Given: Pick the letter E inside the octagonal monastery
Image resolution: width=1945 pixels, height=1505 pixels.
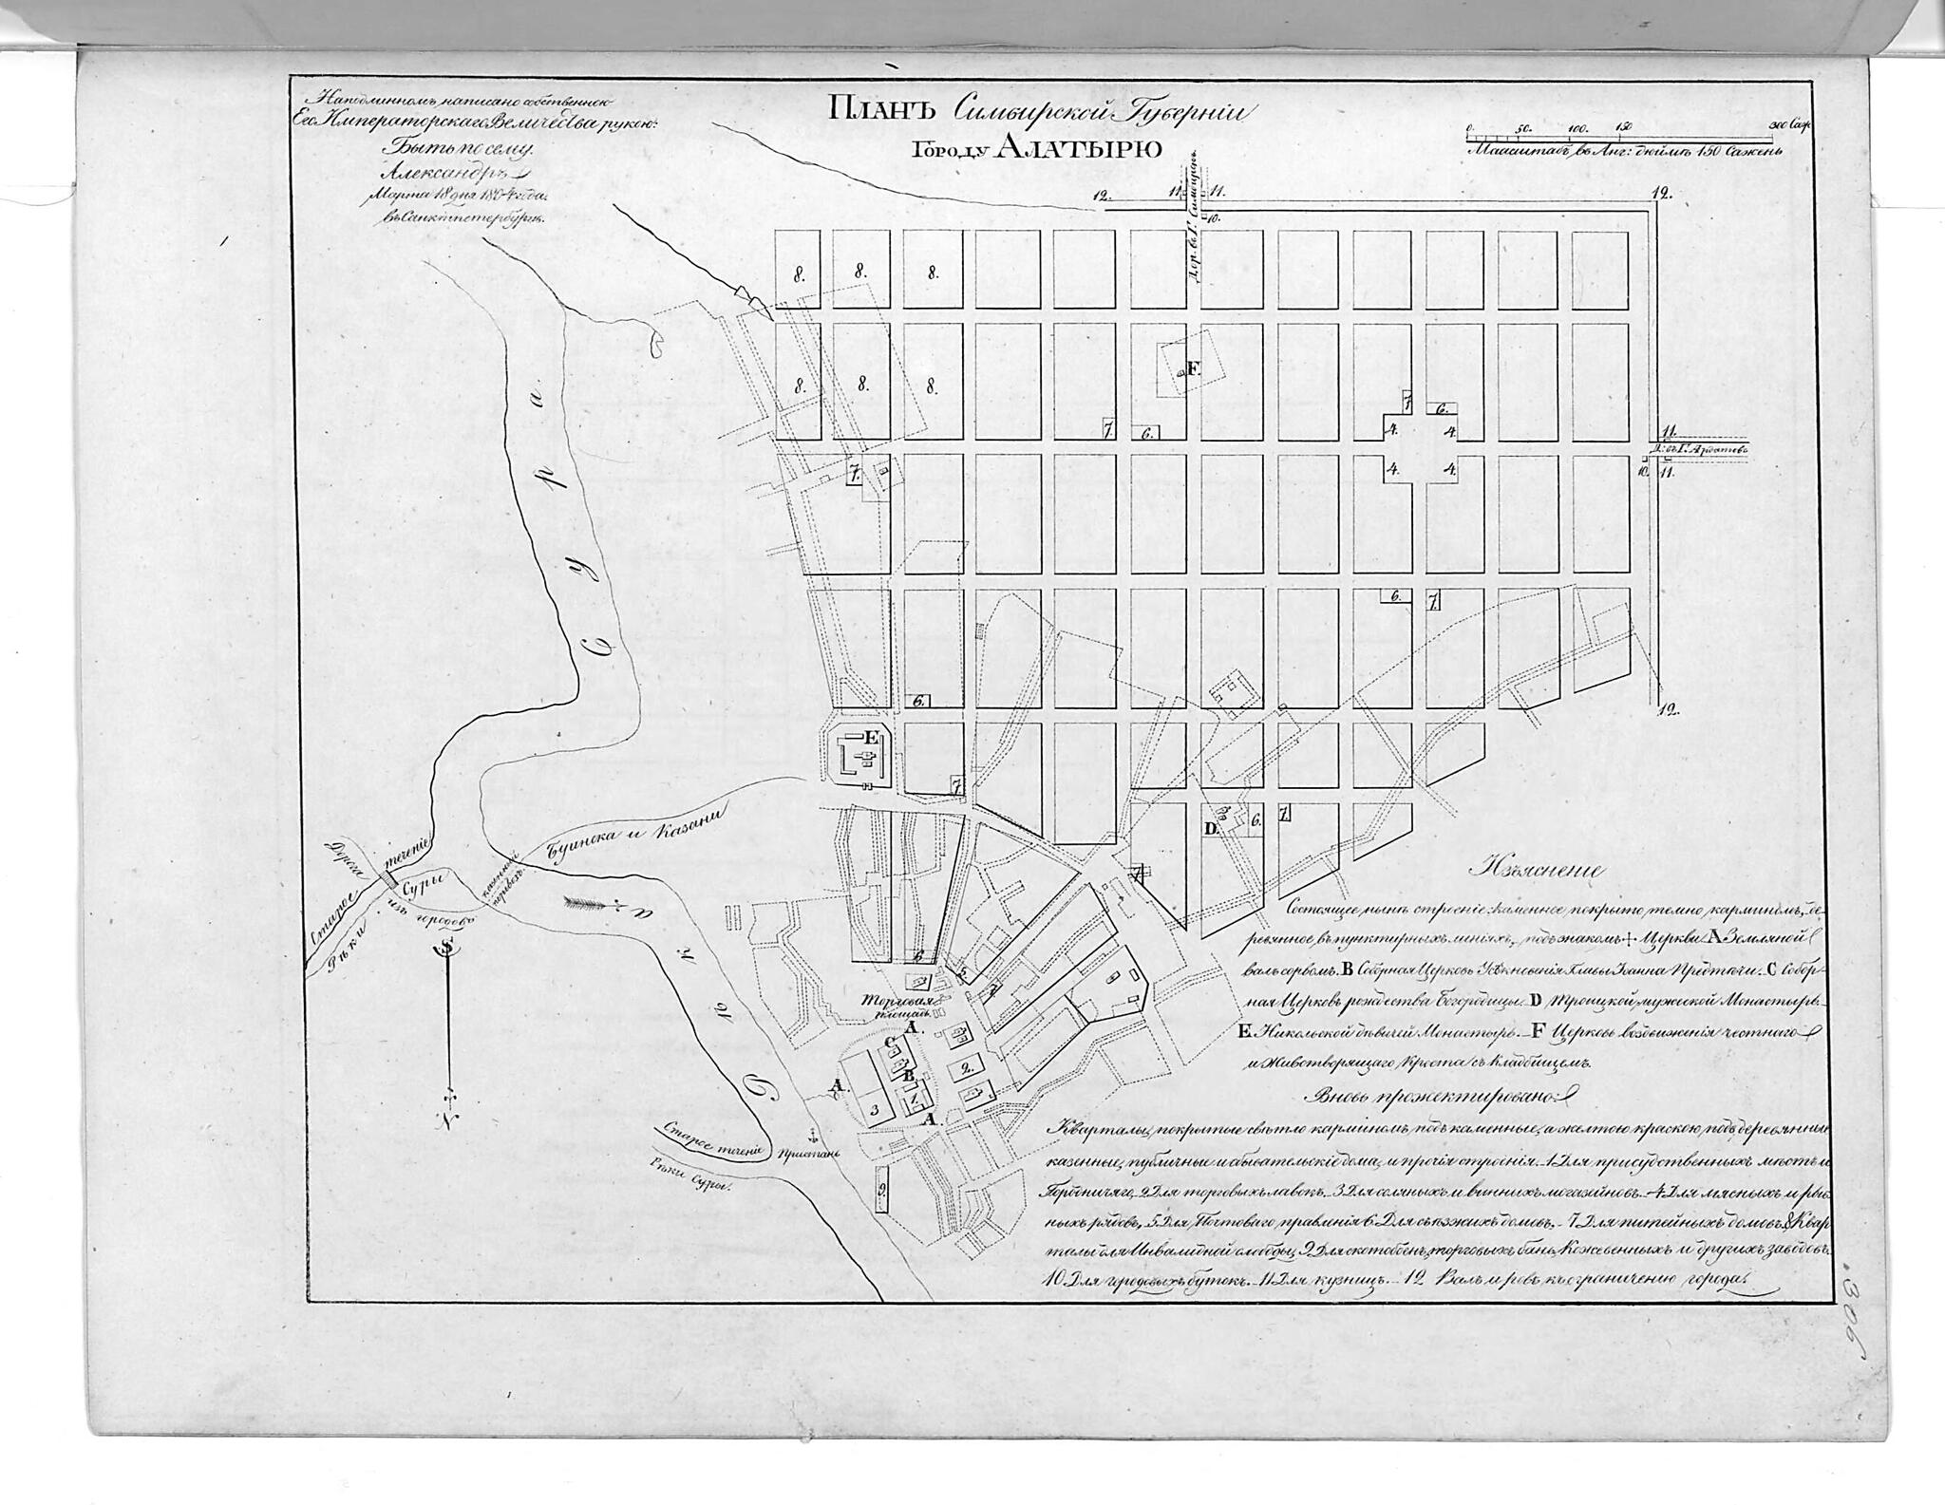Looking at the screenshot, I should click(873, 737).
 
